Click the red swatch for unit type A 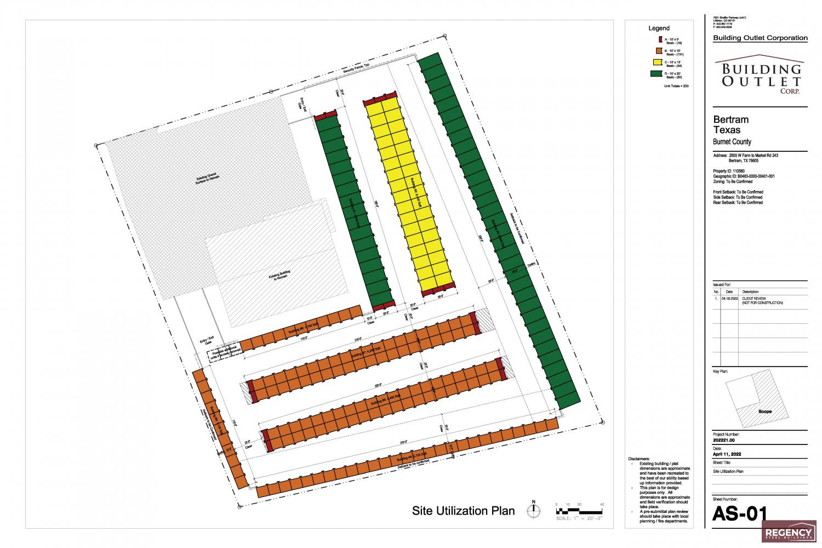click(660, 39)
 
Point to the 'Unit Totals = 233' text click(676, 86)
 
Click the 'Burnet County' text click(732, 142)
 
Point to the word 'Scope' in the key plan click(765, 411)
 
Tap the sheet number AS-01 click(738, 515)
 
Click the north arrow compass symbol click(533, 510)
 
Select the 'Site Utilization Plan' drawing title click(463, 511)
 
